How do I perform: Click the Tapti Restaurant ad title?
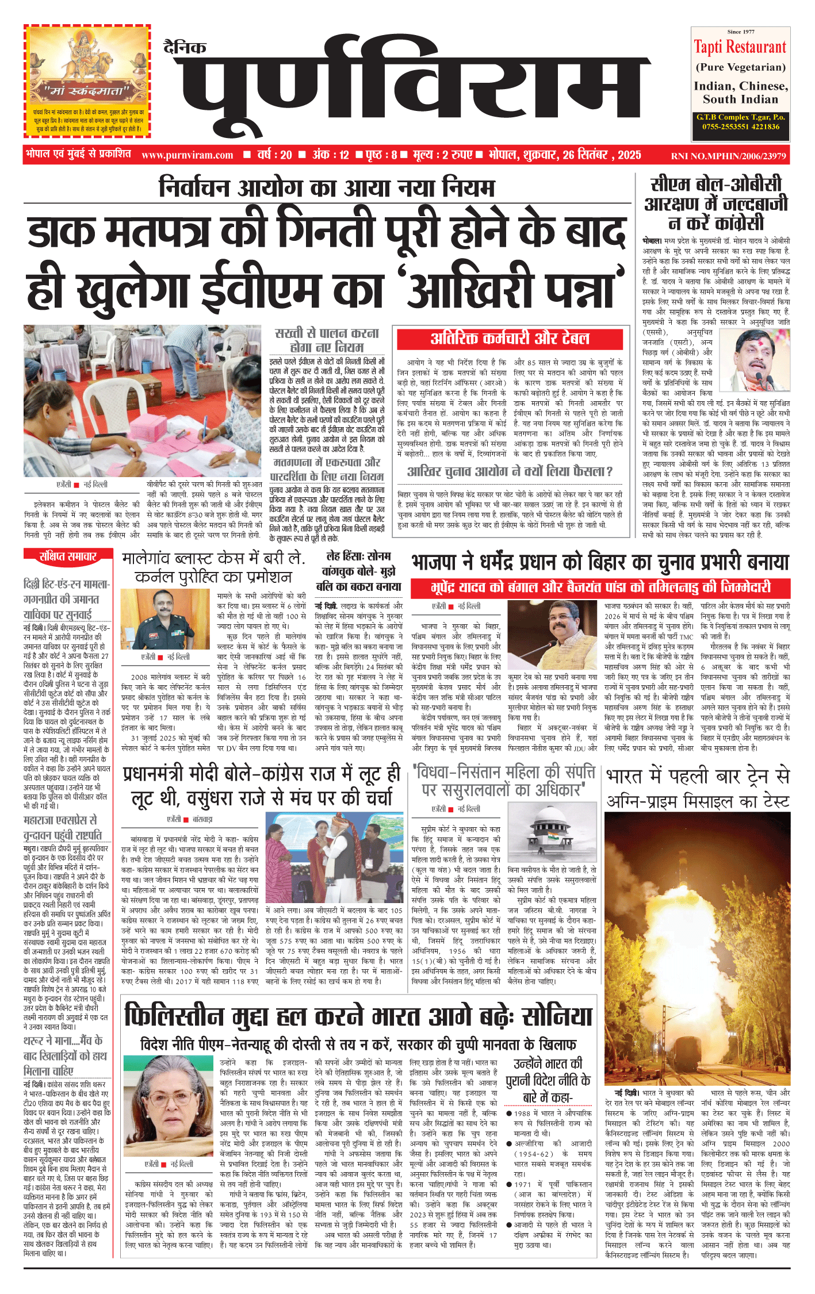tap(740, 47)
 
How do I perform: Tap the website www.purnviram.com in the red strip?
tap(187, 155)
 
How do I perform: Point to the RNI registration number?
tap(728, 155)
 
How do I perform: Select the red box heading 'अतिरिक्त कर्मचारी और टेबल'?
tap(510, 339)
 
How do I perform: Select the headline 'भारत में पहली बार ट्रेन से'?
tap(698, 776)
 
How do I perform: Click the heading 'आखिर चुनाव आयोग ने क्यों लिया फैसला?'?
tap(510, 472)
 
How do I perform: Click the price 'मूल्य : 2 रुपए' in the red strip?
tap(442, 155)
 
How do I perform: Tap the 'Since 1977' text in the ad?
tap(740, 32)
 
